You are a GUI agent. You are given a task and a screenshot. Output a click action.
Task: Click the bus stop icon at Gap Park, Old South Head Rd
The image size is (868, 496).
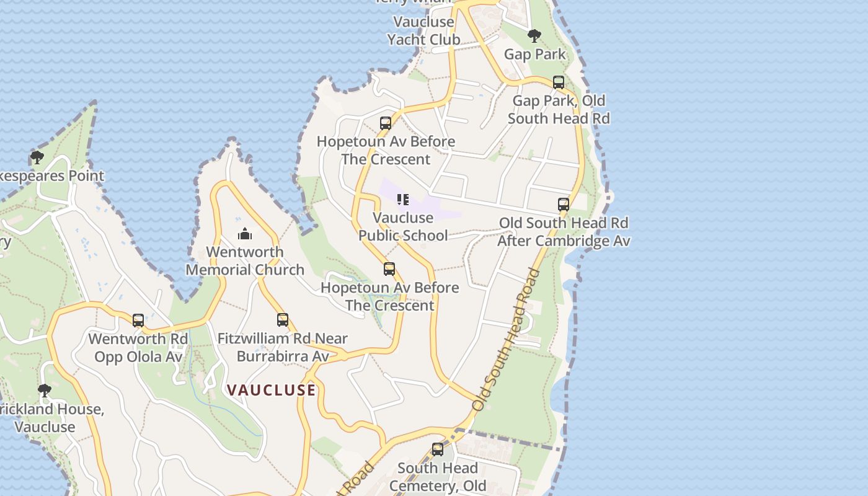click(x=559, y=82)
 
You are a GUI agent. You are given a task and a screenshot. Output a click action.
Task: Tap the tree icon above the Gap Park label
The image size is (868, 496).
click(x=534, y=36)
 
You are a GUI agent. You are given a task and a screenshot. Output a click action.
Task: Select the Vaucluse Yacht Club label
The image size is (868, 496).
click(x=424, y=31)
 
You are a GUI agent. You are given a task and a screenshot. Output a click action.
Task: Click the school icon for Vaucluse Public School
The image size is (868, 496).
click(x=403, y=200)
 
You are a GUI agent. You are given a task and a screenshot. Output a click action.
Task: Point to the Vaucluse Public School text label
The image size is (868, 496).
click(x=403, y=226)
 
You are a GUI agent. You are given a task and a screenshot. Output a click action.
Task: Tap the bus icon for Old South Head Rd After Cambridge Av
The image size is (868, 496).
click(x=564, y=205)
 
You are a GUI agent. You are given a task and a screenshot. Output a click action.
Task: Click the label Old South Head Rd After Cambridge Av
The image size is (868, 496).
click(x=564, y=232)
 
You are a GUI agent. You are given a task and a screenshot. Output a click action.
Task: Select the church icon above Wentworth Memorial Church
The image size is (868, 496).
click(x=245, y=234)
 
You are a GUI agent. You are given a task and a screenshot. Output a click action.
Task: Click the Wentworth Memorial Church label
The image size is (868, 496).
click(x=245, y=261)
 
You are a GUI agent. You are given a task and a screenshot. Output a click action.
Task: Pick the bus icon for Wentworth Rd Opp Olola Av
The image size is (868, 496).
click(x=138, y=321)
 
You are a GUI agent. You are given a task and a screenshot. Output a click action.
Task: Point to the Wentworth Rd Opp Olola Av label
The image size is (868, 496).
click(x=138, y=348)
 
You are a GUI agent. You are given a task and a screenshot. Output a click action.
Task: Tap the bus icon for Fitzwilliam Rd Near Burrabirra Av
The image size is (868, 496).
click(x=283, y=320)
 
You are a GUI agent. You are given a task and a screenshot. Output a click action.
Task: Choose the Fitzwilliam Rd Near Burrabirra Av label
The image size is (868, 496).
click(x=283, y=347)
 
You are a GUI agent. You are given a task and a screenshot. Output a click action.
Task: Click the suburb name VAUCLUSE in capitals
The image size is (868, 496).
click(x=272, y=390)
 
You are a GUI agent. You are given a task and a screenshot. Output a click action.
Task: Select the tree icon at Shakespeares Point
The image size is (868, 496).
click(x=37, y=157)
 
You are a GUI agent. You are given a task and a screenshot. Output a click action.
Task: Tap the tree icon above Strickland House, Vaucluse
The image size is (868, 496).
click(x=44, y=391)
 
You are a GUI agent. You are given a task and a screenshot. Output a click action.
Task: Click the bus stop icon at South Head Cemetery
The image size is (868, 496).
click(x=438, y=449)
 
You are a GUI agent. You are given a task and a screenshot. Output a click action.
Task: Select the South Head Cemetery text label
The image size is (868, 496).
click(x=438, y=477)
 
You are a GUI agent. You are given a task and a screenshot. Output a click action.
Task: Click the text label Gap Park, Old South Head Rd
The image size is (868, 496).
click(x=559, y=109)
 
